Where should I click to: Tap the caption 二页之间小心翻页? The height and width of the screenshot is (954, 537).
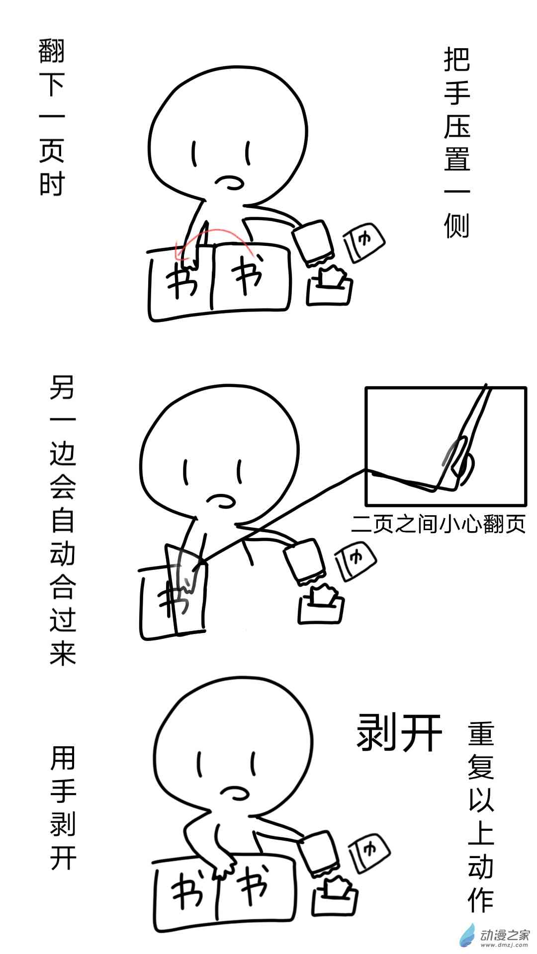click(x=438, y=524)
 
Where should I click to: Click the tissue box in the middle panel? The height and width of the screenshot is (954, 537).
click(x=321, y=604)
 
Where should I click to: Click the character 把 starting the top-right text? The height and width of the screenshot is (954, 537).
click(x=456, y=60)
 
